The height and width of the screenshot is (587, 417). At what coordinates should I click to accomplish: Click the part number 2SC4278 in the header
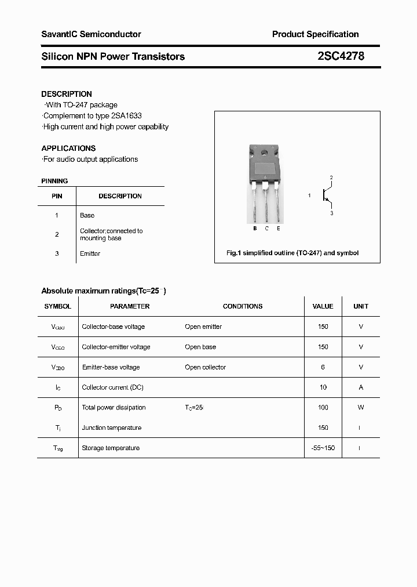pyautogui.click(x=341, y=56)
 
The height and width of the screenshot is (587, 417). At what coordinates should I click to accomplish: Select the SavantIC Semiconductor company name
pyautogui.click(x=91, y=34)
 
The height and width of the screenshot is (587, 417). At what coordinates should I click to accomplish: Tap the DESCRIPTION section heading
pyautogui.click(x=67, y=94)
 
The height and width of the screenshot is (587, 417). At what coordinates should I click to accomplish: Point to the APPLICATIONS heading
pyautogui.click(x=68, y=148)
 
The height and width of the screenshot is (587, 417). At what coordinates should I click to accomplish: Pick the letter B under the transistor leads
pyautogui.click(x=255, y=229)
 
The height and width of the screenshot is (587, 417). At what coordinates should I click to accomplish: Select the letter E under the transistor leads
pyautogui.click(x=279, y=229)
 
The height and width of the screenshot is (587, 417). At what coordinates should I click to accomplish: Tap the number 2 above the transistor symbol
pyautogui.click(x=331, y=177)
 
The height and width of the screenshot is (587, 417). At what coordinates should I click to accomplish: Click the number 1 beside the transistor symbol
pyautogui.click(x=309, y=195)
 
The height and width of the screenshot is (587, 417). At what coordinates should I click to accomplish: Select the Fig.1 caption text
pyautogui.click(x=292, y=253)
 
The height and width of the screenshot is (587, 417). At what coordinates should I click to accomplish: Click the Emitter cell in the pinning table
pyautogui.click(x=90, y=253)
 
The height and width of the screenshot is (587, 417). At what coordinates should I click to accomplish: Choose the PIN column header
pyautogui.click(x=57, y=196)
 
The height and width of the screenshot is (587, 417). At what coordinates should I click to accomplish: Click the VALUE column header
pyautogui.click(x=323, y=306)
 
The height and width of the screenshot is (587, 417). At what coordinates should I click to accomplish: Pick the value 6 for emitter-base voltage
pyautogui.click(x=323, y=367)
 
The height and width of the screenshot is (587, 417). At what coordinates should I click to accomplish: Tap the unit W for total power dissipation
pyautogui.click(x=361, y=407)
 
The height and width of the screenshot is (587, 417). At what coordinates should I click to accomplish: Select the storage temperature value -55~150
pyautogui.click(x=323, y=448)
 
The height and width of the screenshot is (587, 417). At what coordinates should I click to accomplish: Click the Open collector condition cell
pyautogui.click(x=205, y=367)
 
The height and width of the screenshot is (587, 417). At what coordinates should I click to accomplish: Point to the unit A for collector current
pyautogui.click(x=361, y=387)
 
